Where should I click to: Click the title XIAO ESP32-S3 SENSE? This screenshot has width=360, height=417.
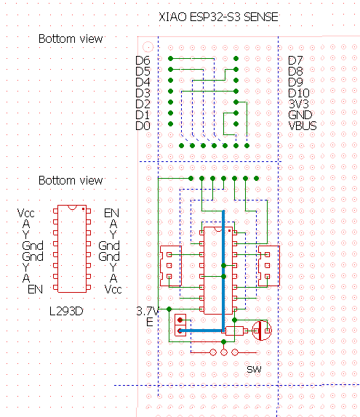218,17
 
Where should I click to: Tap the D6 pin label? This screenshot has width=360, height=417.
143,60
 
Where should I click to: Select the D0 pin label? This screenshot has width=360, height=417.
143,126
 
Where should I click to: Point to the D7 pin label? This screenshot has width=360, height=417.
295,60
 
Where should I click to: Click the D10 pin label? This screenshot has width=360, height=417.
299,93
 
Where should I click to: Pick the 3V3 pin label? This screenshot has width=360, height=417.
298,104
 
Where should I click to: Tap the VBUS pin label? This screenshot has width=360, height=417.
303,126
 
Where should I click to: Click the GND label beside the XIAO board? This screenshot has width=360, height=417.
300,115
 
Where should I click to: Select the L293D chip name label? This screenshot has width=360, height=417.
66,311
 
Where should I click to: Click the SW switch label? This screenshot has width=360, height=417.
254,369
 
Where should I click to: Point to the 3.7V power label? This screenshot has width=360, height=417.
148,311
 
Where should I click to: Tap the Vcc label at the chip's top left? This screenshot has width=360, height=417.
26,213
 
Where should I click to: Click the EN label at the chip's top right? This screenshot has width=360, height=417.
111,213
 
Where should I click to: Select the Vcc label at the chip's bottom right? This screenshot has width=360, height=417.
113,289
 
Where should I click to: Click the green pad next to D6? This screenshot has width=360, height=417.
170,59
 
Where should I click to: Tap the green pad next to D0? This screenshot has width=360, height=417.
170,124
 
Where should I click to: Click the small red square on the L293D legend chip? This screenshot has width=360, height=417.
84,209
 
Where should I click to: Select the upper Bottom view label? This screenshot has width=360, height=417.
71,39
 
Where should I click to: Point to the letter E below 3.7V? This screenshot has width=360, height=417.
149,323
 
